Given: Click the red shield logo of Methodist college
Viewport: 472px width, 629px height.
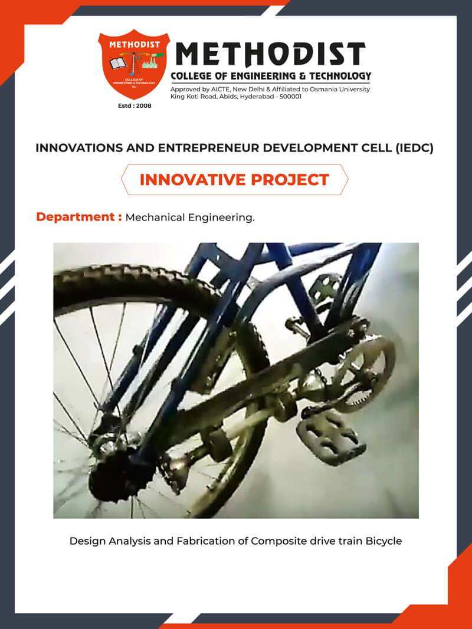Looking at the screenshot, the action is coord(134,64).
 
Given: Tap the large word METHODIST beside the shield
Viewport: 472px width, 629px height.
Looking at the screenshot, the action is coord(271,54).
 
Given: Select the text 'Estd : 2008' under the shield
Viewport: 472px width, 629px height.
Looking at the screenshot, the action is coord(135,106).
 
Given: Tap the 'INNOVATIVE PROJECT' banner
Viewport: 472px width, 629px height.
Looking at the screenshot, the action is coord(234,179).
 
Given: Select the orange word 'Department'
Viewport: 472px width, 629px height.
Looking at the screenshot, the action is coord(76,217).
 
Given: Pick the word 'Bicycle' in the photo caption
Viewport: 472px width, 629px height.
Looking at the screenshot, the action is coord(383,541).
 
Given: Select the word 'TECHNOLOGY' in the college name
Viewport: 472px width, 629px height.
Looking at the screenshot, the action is coord(337,76).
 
